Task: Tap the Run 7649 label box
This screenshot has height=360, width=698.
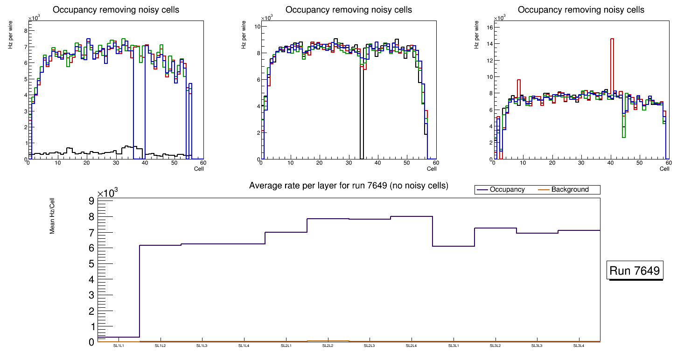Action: pyautogui.click(x=635, y=271)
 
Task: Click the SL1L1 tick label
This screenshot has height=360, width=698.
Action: pyautogui.click(x=119, y=346)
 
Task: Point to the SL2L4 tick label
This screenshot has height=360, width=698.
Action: pyautogui.click(x=412, y=346)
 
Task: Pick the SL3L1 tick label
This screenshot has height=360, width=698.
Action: pyautogui.click(x=454, y=346)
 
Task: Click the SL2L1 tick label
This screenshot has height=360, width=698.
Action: pyautogui.click(x=286, y=346)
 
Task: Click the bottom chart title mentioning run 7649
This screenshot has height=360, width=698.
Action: pyautogui.click(x=349, y=186)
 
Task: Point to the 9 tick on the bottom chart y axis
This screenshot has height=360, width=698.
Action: pyautogui.click(x=91, y=201)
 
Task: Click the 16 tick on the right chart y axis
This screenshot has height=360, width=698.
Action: pyautogui.click(x=489, y=27)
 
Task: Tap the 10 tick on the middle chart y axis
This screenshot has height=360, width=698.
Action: pyautogui.click(x=256, y=27)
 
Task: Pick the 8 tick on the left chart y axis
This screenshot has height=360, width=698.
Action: pyautogui.click(x=25, y=30)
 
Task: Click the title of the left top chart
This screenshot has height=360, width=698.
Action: pyautogui.click(x=116, y=10)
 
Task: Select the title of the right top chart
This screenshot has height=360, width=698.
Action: pyautogui.click(x=581, y=10)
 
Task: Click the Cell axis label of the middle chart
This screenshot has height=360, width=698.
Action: pyautogui.click(x=432, y=168)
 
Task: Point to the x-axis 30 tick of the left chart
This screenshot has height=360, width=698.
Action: pyautogui.click(x=115, y=163)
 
